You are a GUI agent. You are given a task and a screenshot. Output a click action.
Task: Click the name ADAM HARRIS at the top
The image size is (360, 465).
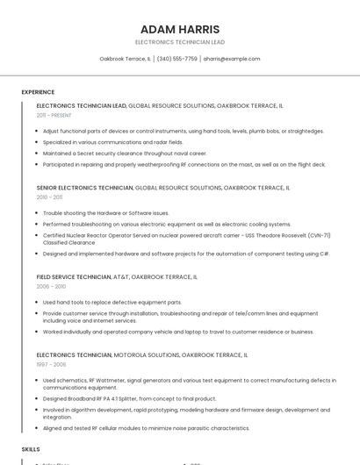click(x=180, y=29)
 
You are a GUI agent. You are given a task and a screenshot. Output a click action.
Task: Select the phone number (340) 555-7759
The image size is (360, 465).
click(x=176, y=59)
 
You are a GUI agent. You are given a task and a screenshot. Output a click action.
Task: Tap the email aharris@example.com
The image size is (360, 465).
click(x=232, y=59)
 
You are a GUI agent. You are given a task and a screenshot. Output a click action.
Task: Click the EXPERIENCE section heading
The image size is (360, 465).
click(x=38, y=92)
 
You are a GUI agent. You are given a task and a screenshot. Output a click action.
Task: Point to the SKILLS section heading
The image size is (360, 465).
click(x=31, y=448)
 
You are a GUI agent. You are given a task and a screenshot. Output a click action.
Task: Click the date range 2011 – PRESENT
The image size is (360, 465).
click(x=54, y=115)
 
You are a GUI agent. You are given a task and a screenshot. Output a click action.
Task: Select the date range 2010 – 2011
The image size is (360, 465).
click(x=50, y=197)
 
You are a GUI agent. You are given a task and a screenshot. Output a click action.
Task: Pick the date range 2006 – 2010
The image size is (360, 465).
click(x=51, y=286)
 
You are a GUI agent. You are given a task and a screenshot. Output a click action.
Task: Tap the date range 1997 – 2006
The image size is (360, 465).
click(x=51, y=364)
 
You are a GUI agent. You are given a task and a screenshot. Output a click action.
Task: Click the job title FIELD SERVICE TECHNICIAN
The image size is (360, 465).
click(x=74, y=276)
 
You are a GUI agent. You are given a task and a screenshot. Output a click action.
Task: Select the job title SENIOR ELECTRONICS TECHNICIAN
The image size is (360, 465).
click(x=84, y=188)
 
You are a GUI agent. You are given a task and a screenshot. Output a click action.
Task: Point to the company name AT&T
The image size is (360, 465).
click(x=120, y=276)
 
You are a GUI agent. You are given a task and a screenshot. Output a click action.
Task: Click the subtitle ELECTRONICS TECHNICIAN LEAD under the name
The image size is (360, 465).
click(x=180, y=42)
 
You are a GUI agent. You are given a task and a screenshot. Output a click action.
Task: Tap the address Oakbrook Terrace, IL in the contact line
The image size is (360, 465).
click(x=125, y=59)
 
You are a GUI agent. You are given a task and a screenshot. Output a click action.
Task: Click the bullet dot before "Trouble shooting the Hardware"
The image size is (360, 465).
click(x=38, y=213)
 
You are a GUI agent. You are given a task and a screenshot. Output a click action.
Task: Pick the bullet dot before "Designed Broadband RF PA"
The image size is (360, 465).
click(x=38, y=398)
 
